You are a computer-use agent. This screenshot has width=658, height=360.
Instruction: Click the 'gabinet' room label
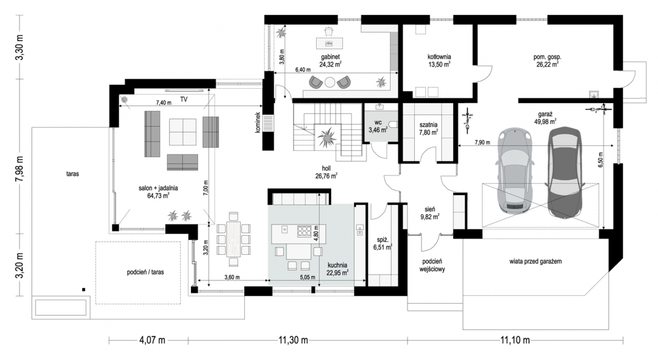(330, 57)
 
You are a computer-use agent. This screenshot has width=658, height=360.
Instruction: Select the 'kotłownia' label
(439, 57)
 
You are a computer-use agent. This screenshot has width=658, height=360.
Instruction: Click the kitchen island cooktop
(304, 231)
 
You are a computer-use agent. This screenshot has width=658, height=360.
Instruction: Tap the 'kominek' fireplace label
(257, 122)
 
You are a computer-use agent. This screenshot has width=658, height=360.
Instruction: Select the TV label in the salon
(183, 100)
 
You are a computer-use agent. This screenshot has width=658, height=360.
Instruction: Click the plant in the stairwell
(327, 137)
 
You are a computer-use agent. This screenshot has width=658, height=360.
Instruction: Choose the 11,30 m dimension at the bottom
(293, 340)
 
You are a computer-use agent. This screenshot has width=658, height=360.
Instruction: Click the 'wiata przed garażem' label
(535, 261)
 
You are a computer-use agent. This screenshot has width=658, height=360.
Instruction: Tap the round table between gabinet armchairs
(330, 82)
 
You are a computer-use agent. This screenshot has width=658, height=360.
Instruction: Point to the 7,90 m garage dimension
(482, 142)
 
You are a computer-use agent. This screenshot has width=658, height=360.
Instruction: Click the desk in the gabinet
(329, 44)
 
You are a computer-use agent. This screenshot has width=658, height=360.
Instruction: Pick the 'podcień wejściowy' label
(432, 265)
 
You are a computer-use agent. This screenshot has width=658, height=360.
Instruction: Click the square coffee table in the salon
(183, 132)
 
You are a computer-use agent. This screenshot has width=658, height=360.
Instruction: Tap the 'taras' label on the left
(72, 174)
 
